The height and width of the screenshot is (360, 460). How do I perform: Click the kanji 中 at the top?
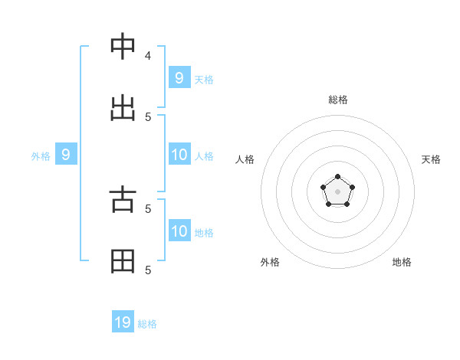123,47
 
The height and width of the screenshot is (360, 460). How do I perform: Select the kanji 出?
123,109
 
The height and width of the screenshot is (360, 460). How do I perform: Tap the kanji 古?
123,200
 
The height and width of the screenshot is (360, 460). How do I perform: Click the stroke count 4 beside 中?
148,55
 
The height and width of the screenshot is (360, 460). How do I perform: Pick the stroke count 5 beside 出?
148,116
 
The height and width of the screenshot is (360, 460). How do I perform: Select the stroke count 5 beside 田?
148,270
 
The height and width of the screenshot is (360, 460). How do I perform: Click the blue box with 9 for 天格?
179,77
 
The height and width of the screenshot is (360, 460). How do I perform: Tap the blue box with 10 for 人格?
179,155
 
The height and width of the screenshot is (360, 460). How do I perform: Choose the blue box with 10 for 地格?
179,231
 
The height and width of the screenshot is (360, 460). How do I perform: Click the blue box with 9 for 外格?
66,155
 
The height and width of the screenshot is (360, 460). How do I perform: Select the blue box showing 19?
123,322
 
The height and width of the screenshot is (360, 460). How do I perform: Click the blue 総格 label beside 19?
147,324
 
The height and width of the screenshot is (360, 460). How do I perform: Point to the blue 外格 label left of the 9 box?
41,156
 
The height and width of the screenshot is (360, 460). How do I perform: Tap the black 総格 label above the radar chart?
337,100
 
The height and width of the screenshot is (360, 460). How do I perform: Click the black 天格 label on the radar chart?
431,159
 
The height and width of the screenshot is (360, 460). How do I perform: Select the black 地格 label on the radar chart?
402,262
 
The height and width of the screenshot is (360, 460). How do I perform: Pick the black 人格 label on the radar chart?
245,159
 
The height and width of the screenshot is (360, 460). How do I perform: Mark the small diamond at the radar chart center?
337,191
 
